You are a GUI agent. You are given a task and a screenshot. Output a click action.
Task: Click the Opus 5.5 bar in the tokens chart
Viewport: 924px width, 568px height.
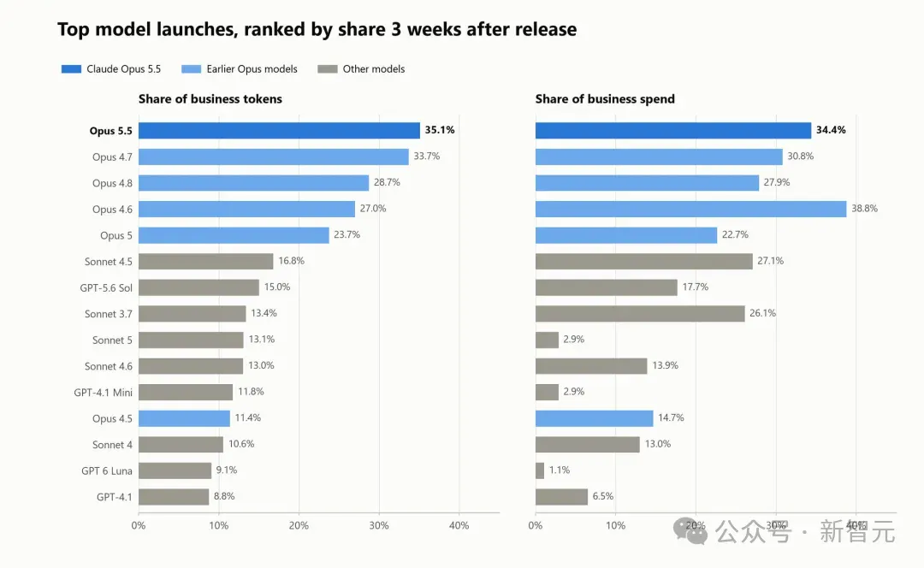(x=279, y=130)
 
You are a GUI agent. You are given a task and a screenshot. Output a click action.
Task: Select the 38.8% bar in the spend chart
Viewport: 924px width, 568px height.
(x=690, y=209)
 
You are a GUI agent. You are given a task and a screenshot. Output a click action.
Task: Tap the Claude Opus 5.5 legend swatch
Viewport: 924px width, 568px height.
(x=71, y=69)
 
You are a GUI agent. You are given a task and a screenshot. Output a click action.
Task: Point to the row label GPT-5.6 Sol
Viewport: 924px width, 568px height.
(x=106, y=287)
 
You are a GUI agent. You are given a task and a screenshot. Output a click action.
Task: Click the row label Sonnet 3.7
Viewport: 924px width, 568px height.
(x=109, y=314)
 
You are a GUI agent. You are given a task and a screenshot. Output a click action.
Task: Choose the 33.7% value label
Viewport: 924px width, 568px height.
(x=427, y=157)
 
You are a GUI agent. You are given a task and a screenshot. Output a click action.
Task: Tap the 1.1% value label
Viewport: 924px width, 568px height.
(x=560, y=470)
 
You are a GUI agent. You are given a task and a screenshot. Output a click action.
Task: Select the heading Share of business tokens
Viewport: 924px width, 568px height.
(x=210, y=99)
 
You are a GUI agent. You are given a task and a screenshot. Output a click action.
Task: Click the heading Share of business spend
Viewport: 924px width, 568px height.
(x=605, y=99)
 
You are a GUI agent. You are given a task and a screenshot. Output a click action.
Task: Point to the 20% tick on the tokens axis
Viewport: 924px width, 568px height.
(x=299, y=525)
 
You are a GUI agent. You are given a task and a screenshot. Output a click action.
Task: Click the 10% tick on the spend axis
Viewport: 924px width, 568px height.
(x=616, y=525)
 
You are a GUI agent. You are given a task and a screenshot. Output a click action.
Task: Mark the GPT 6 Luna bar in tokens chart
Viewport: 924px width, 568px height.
(x=175, y=470)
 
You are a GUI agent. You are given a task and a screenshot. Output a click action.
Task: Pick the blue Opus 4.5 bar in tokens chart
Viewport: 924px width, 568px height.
(x=184, y=418)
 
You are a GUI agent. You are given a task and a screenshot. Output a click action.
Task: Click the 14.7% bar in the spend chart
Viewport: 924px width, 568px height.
(x=595, y=418)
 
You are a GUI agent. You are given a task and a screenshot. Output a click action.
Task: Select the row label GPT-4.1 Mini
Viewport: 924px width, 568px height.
(x=104, y=393)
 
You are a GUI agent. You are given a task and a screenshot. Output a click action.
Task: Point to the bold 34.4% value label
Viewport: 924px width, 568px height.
(x=831, y=130)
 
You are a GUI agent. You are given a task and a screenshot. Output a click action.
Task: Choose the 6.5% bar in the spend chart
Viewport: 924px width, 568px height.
(x=561, y=497)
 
